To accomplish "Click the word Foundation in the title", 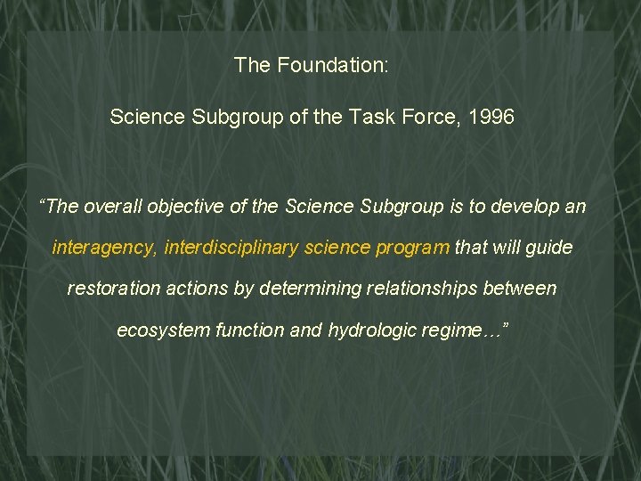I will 332,65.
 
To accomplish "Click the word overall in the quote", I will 113,207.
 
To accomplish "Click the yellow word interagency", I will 104,248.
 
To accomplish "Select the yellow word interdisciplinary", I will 231,248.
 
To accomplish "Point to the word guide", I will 549,248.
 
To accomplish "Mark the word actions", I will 191,289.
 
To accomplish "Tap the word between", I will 521,289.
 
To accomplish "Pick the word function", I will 247,330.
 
